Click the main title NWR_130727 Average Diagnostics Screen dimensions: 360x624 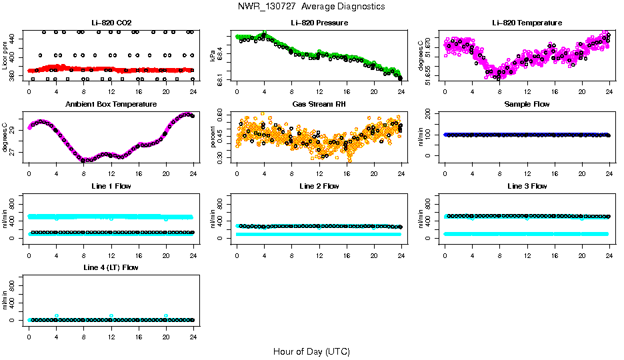click(x=311, y=7)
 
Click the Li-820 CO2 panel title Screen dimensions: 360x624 click(x=111, y=23)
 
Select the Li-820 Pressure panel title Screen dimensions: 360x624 click(x=319, y=23)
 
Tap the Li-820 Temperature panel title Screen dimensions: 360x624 click(x=527, y=23)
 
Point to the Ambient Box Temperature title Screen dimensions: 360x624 click(x=111, y=105)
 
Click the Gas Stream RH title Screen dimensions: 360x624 click(x=319, y=105)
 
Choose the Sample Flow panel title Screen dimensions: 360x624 click(x=527, y=105)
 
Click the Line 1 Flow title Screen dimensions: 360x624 click(x=111, y=186)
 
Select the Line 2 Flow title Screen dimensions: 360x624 click(x=319, y=186)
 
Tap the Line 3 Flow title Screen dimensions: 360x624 click(x=527, y=186)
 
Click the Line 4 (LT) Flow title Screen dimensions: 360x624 click(x=111, y=267)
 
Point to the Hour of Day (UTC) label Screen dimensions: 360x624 click(x=311, y=351)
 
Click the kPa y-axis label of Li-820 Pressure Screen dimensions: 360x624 click(x=213, y=56)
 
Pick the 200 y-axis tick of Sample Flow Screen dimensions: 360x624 click(x=432, y=114)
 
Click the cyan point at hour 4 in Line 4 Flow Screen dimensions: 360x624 click(x=57, y=315)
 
